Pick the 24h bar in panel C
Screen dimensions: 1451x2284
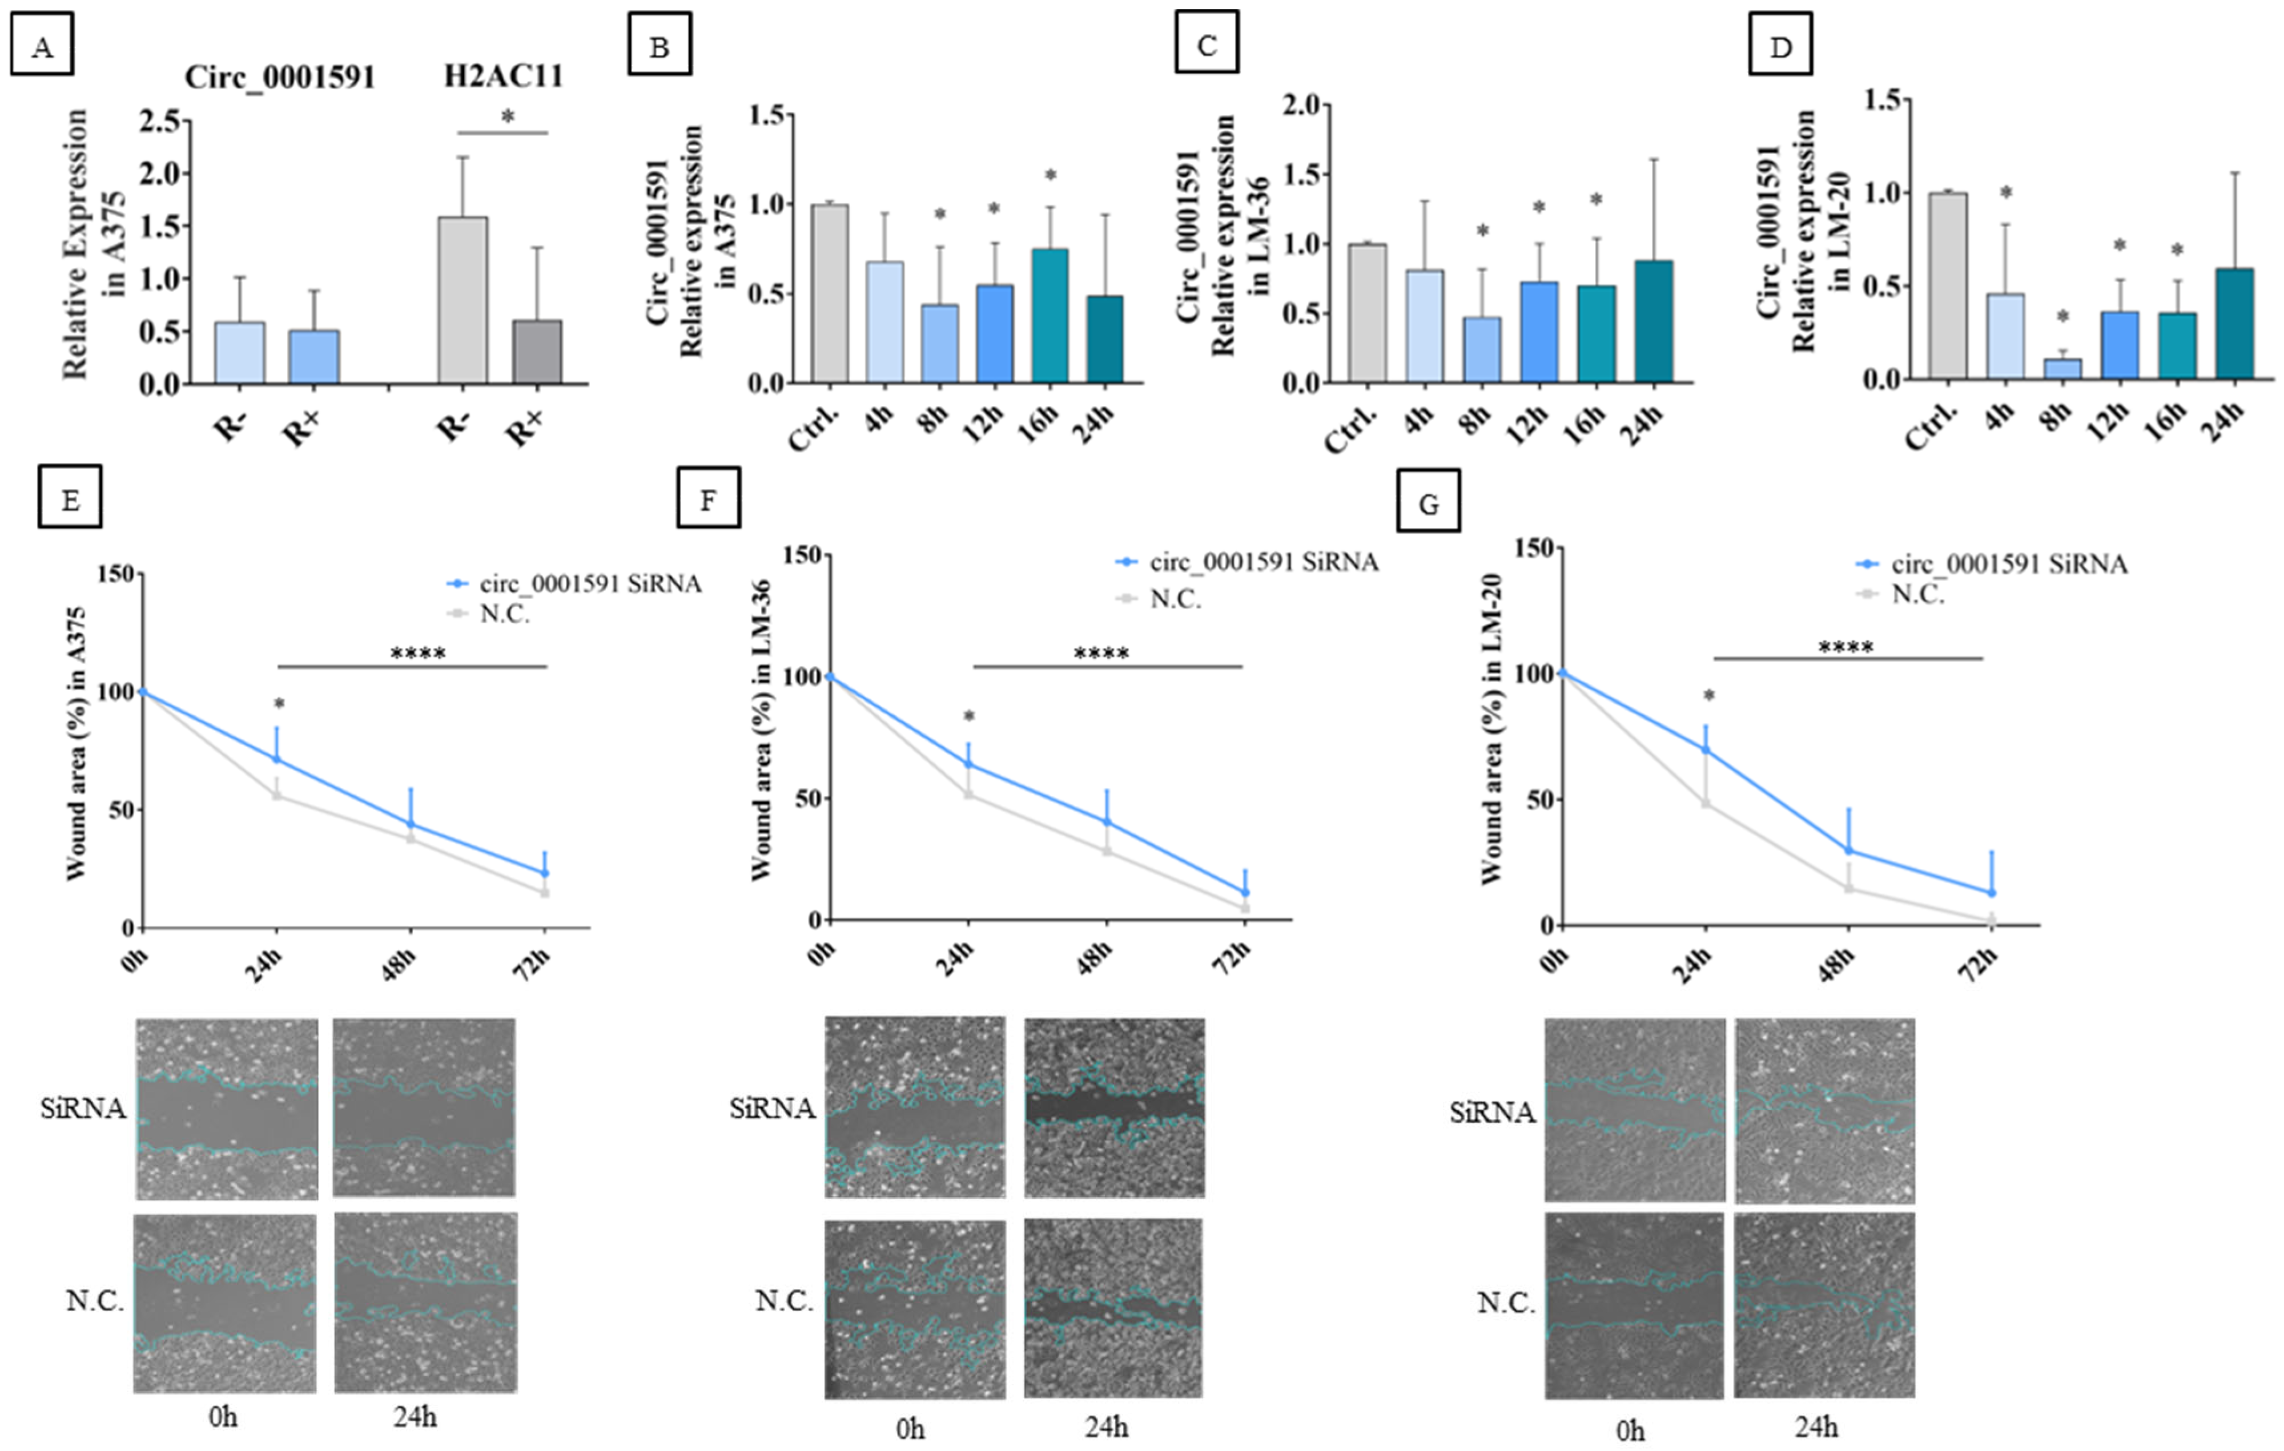1653,321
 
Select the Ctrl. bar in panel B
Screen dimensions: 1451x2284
830,294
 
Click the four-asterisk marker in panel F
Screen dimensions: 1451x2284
1101,654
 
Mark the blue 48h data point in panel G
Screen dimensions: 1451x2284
1848,851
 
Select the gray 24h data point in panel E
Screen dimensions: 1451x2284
277,796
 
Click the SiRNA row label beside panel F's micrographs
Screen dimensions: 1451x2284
772,1109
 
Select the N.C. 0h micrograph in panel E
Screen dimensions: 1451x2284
225,1303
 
